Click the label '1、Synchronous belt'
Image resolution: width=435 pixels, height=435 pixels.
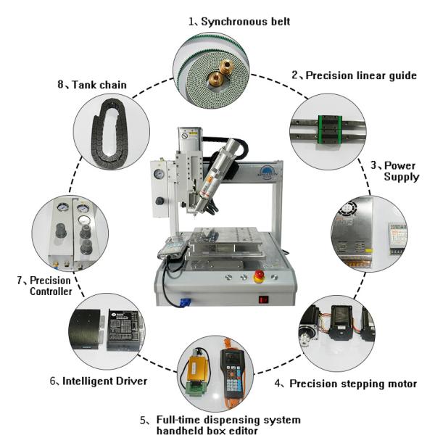239,22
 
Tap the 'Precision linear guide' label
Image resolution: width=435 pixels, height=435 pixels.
354,75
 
